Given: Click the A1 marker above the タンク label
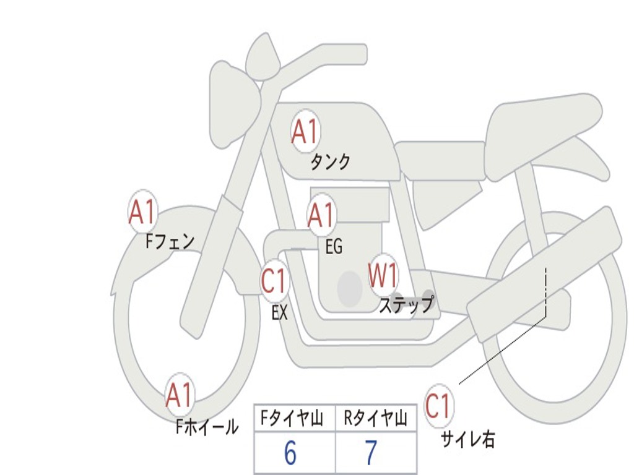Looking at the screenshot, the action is click(x=306, y=131).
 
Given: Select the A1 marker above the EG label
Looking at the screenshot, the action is click(x=321, y=215).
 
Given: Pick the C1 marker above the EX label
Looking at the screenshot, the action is click(x=275, y=281).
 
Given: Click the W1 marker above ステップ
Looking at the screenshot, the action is click(x=383, y=275).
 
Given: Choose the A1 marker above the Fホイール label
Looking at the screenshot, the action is click(x=180, y=395).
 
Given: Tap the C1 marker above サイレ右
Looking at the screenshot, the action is click(x=438, y=406).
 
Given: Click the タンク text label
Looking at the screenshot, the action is click(x=330, y=161).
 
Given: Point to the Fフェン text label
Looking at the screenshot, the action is click(x=170, y=242).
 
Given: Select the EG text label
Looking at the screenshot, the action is click(x=334, y=246).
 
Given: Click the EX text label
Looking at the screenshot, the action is click(x=280, y=312).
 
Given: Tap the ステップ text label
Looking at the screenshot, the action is click(x=407, y=304).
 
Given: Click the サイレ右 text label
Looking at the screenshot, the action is click(x=468, y=439).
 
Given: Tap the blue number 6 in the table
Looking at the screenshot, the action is click(x=290, y=453).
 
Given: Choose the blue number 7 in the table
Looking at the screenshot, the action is click(x=371, y=453).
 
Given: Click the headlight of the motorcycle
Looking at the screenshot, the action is click(x=233, y=107).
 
